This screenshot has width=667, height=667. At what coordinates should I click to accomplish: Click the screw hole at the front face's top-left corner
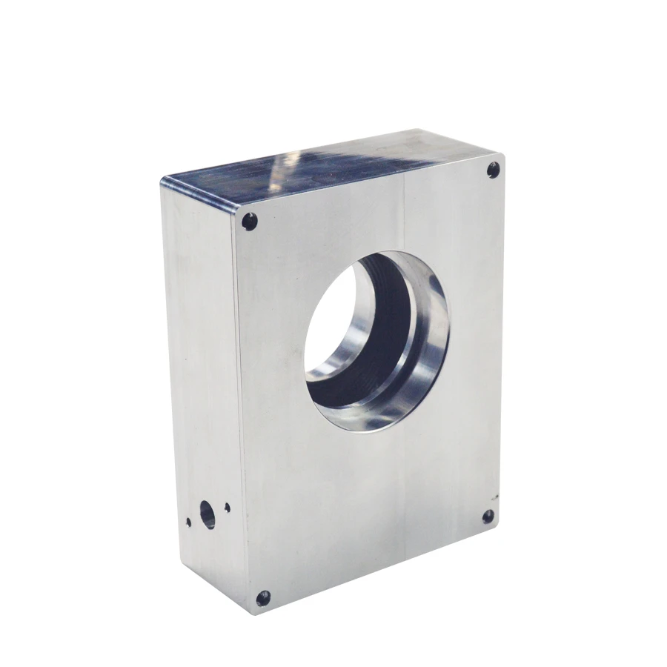coord(250,220)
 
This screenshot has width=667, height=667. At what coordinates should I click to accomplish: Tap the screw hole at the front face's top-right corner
coord(493,171)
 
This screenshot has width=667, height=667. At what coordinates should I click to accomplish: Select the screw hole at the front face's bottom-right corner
coord(488,517)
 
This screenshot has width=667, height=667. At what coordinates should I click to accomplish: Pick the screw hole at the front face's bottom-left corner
coord(262,597)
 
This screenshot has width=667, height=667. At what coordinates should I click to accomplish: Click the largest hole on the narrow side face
coord(207,513)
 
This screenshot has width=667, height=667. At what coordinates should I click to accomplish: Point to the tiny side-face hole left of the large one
coord(188,521)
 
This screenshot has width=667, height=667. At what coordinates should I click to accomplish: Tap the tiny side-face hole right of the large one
coord(227,508)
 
